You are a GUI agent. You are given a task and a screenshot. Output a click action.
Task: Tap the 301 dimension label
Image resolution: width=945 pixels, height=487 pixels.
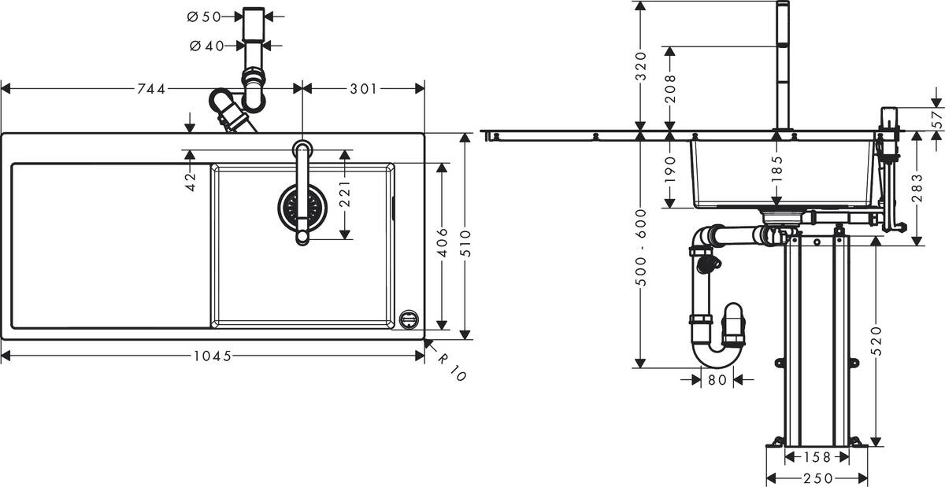(362, 89)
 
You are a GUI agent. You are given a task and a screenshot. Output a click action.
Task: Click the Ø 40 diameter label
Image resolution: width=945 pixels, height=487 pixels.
(206, 46)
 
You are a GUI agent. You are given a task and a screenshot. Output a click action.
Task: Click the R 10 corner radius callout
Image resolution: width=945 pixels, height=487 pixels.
(452, 367)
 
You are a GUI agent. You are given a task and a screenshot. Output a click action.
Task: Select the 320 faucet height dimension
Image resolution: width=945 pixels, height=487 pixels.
(641, 66)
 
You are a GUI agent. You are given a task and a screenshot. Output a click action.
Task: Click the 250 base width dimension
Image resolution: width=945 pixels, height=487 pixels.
(817, 478)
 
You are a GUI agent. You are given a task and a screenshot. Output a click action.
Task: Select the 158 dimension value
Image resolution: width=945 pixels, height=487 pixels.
(817, 457)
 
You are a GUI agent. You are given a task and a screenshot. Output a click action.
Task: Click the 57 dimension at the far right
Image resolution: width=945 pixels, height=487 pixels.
(936, 120)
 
